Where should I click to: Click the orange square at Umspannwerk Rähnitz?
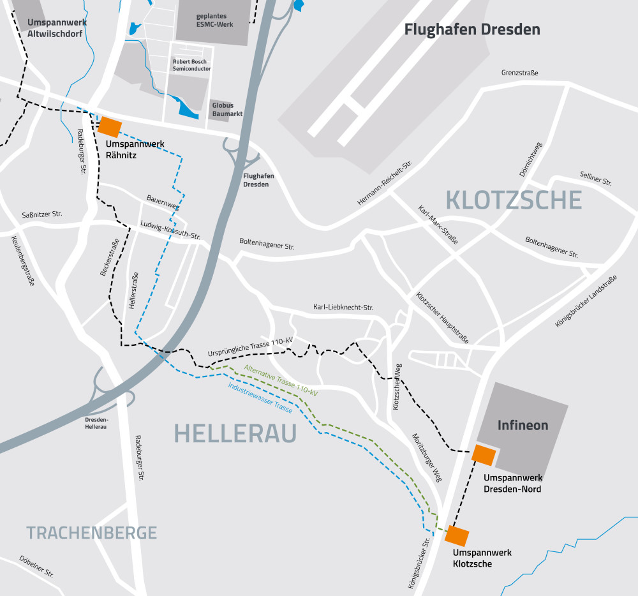pyautogui.click(x=110, y=126)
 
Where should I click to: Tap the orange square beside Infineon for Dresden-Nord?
pyautogui.click(x=483, y=455)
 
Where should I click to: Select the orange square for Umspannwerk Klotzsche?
pyautogui.click(x=457, y=535)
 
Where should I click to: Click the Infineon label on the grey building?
pyautogui.click(x=523, y=425)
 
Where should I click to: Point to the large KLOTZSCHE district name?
pyautogui.click(x=514, y=200)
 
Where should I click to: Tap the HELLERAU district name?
pyautogui.click(x=235, y=434)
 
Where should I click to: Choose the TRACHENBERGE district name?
pyautogui.click(x=91, y=532)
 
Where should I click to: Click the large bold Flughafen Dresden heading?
pyautogui.click(x=472, y=29)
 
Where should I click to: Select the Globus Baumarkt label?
pyautogui.click(x=223, y=110)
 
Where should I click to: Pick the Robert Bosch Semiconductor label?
pyautogui.click(x=191, y=65)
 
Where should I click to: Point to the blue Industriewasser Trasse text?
pyautogui.click(x=260, y=397)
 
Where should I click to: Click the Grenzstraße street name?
pyautogui.click(x=519, y=73)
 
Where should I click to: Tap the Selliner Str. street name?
pyautogui.click(x=595, y=178)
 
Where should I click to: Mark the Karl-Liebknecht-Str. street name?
pyautogui.click(x=343, y=308)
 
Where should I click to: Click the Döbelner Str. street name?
pyautogui.click(x=36, y=566)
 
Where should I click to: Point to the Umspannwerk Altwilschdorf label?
pyautogui.click(x=57, y=27)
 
